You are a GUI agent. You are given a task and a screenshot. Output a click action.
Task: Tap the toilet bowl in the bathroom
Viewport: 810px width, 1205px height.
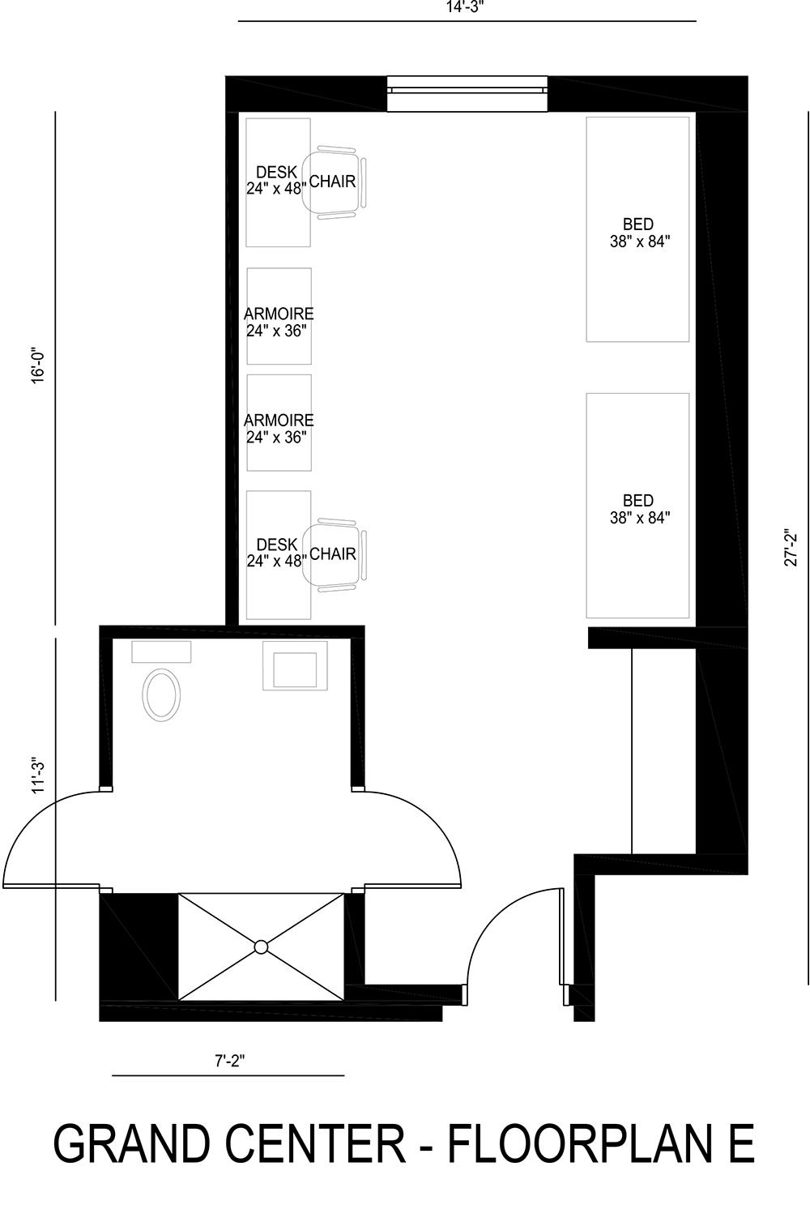coord(161,694)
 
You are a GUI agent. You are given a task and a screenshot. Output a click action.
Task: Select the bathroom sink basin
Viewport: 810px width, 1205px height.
coord(295,669)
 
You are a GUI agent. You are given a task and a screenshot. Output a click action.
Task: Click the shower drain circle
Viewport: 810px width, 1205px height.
coord(261,946)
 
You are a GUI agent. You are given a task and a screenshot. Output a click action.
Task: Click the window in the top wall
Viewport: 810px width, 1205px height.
coord(467,94)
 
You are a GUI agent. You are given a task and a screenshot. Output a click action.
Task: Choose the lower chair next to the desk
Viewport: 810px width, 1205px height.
coord(334,554)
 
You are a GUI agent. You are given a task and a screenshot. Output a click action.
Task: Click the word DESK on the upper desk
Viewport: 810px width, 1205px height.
coord(276,173)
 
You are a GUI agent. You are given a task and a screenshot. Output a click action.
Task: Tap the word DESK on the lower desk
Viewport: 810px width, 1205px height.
coord(276,545)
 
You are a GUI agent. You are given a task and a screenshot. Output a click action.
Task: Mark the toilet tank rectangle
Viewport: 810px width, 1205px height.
coord(161,652)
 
